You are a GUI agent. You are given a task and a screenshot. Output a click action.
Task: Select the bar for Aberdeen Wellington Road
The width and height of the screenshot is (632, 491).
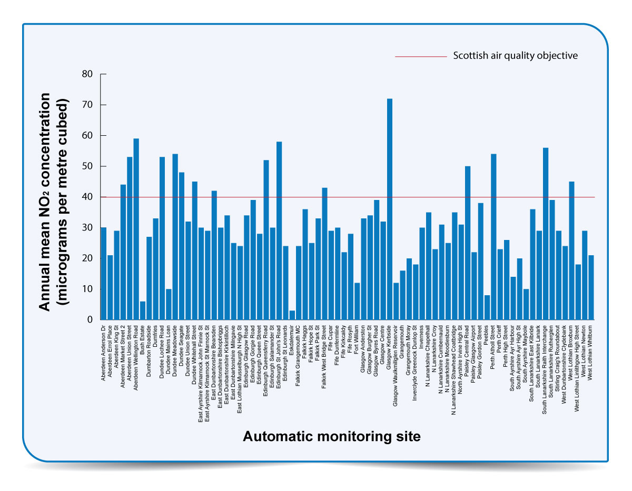point(136,229)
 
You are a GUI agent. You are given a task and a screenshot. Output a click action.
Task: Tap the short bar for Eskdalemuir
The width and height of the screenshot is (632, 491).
point(292,315)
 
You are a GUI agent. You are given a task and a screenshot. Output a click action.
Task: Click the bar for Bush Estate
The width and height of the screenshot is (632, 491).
point(143,310)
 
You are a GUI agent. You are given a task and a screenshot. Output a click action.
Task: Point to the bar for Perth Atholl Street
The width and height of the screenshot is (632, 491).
point(493,237)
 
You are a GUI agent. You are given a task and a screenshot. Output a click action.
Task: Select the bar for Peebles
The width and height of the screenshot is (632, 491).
point(487,307)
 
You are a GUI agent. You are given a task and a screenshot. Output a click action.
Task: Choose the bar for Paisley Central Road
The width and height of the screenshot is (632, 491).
point(468,243)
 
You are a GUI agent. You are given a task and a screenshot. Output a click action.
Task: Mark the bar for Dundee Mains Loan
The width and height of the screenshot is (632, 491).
point(169,304)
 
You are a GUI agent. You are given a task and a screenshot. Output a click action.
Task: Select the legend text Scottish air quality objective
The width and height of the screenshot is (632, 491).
point(515,56)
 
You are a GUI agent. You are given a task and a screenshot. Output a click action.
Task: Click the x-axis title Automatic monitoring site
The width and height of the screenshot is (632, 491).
point(331,437)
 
